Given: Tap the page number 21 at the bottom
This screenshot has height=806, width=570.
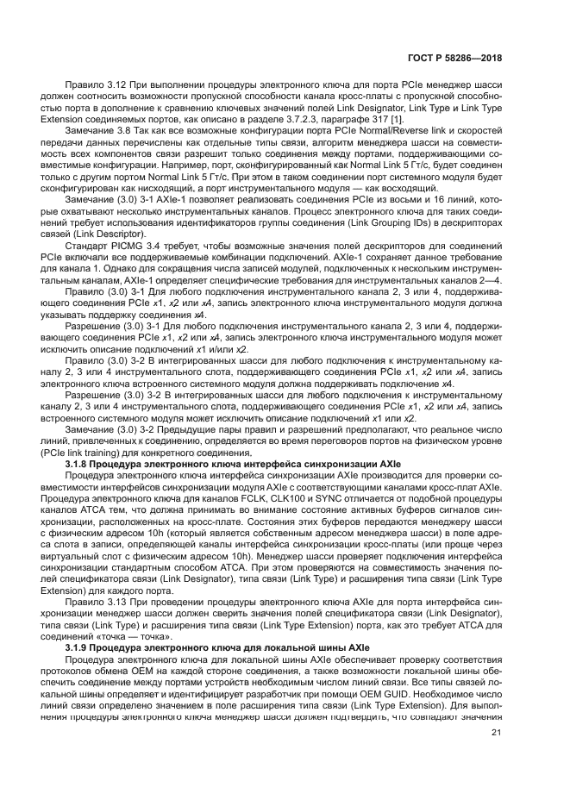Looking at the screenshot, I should (496, 733).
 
